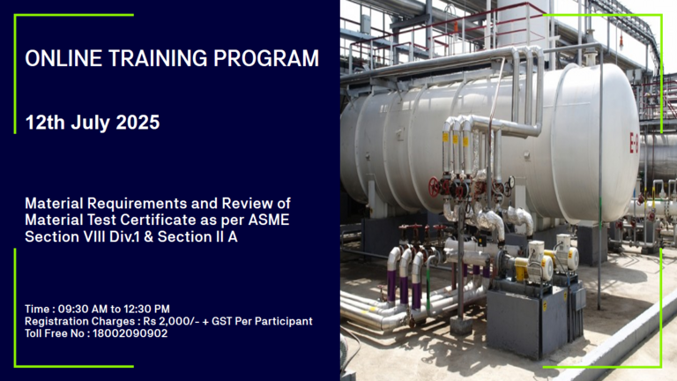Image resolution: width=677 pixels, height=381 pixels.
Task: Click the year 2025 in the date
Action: pos(138,123)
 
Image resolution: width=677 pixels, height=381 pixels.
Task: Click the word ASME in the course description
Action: pos(269,220)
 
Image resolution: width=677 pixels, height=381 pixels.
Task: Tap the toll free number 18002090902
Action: pos(130,333)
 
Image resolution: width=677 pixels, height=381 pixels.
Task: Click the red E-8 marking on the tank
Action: pos(634,143)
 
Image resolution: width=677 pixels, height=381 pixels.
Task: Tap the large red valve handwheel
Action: pos(434,187)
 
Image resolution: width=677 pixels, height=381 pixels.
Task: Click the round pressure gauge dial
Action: pos(511,181)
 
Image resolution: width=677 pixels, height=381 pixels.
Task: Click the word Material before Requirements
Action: pos(54,203)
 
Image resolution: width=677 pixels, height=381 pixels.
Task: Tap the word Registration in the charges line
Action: pos(52,322)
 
